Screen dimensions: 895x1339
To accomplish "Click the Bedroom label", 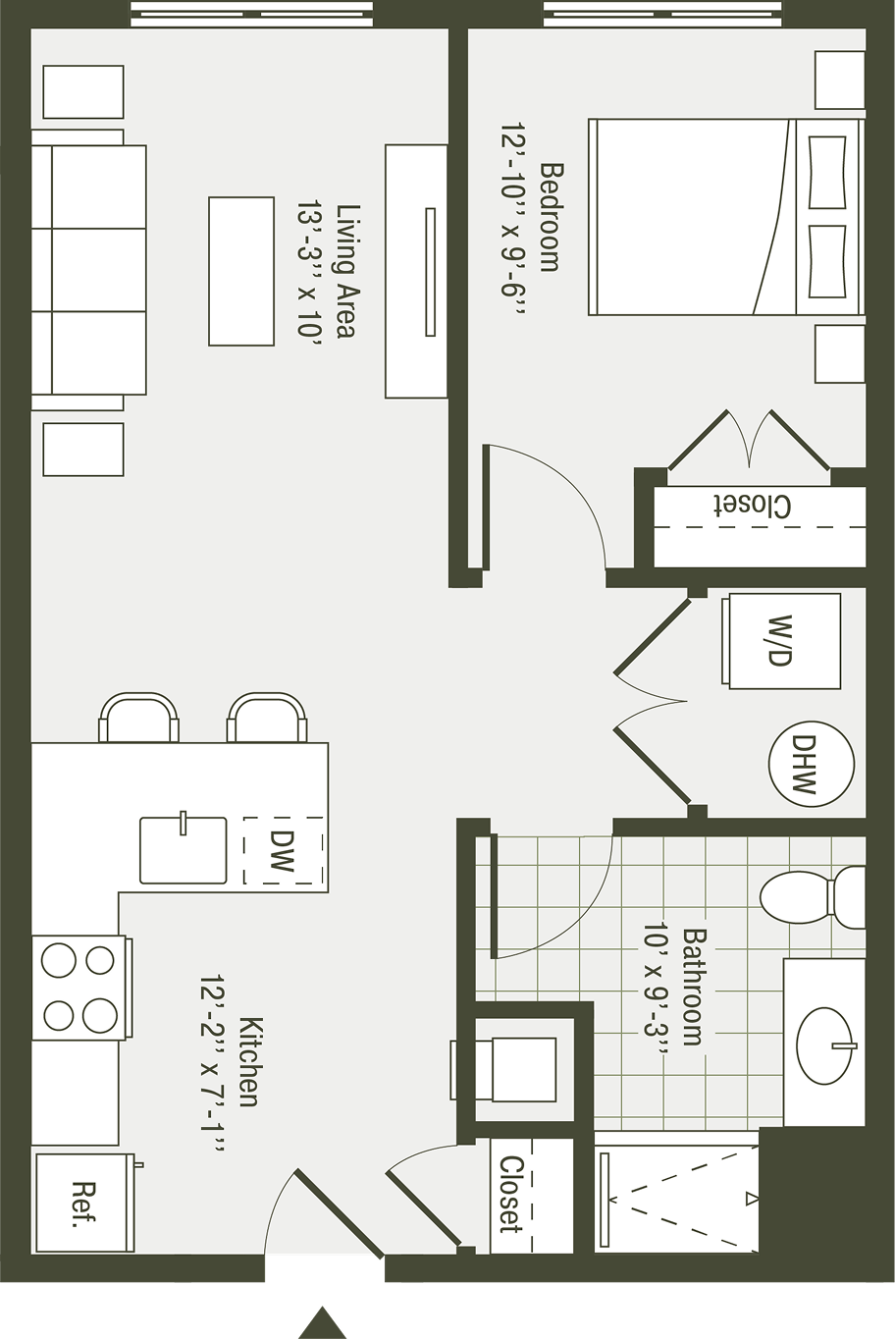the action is click(551, 218).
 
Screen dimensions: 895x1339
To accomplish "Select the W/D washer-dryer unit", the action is click(783, 640).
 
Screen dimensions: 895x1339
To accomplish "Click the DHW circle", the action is click(811, 764).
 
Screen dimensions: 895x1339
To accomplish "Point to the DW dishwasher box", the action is click(284, 850).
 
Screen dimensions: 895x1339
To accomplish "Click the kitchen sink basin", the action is click(183, 849).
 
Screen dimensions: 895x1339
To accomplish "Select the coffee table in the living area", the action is click(241, 271).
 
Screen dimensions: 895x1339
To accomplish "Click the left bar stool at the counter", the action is click(138, 717).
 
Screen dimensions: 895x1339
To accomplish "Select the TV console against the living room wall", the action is click(416, 271).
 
